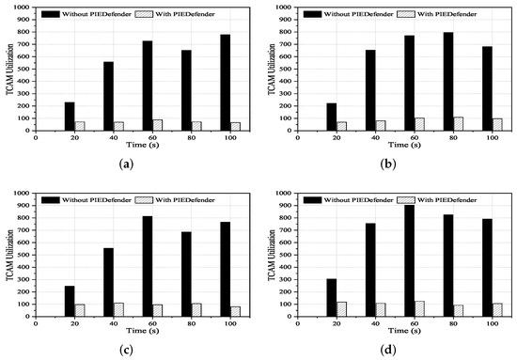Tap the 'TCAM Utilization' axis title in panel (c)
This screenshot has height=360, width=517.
tap(8, 262)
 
